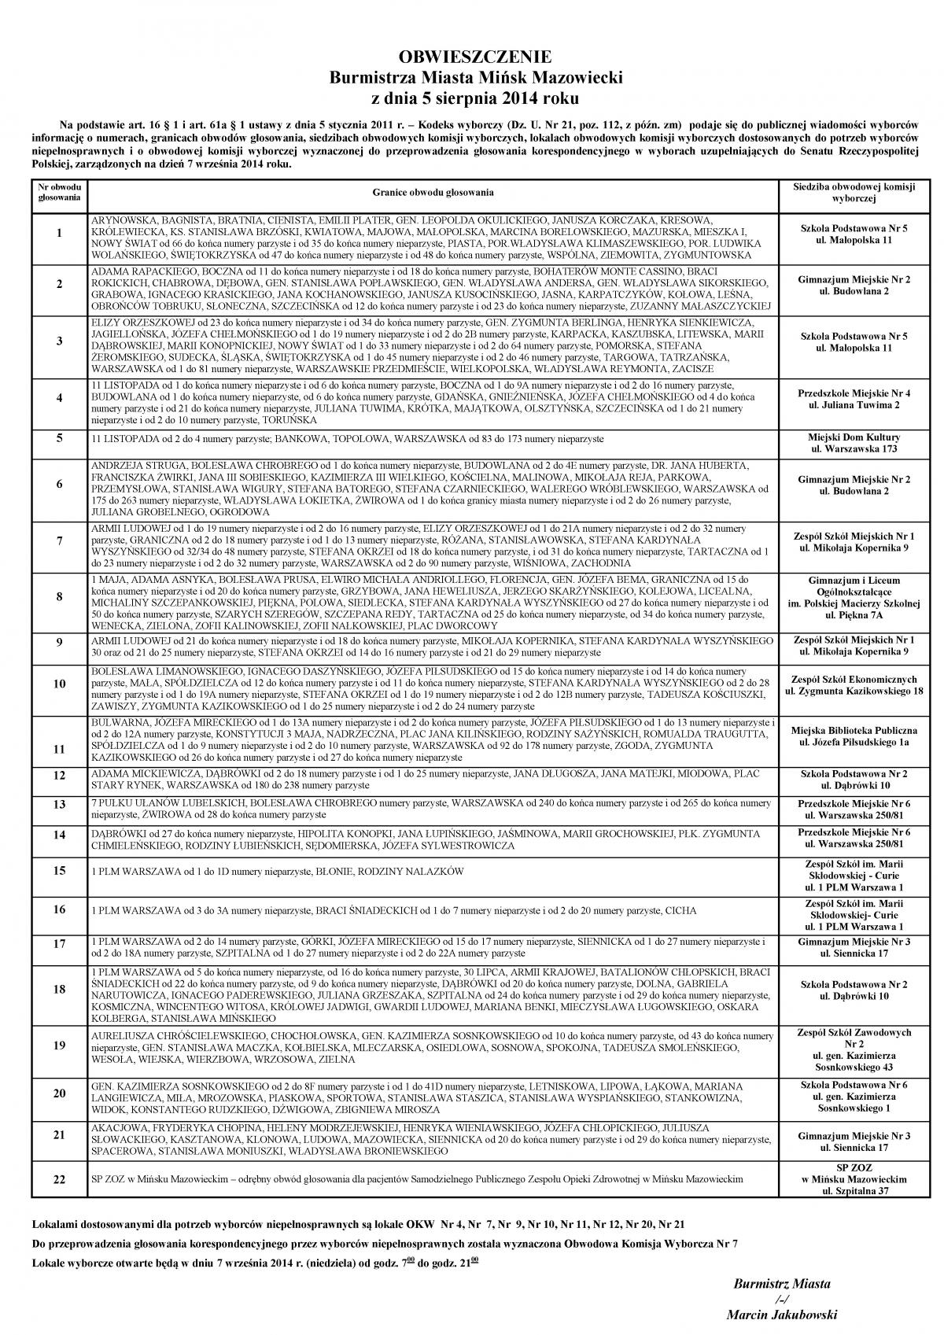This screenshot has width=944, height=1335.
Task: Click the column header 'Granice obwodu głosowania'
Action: pos(433,193)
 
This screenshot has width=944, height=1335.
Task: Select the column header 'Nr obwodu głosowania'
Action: pos(60,193)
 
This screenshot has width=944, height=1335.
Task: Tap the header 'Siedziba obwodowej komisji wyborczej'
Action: pos(854,193)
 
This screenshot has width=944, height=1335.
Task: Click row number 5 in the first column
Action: pos(60,437)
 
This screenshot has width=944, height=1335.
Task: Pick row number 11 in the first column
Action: pos(60,749)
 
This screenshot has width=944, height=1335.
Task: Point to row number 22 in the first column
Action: pos(60,1180)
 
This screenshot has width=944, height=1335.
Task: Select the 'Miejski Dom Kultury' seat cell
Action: pos(854,443)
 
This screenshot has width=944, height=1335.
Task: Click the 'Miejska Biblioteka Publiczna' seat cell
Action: pos(854,736)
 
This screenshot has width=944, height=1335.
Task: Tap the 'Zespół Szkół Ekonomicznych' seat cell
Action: pos(854,684)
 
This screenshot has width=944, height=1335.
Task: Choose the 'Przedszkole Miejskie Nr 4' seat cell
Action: pos(854,398)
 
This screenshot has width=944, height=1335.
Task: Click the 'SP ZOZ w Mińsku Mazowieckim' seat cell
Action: pos(854,1179)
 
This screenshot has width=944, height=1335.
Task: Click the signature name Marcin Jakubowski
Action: pos(781,1315)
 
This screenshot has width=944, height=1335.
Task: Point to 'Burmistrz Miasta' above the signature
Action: pos(781,1283)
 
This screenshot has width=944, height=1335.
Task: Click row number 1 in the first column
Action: pos(60,234)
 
